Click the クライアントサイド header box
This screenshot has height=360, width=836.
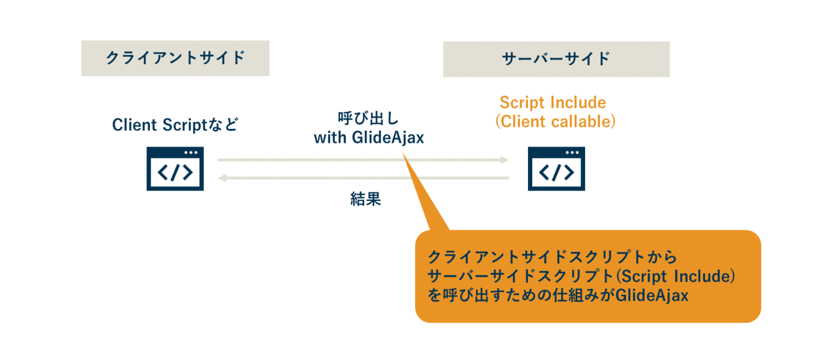(175, 58)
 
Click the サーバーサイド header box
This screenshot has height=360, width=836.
(556, 58)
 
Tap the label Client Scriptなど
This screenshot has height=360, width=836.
(175, 125)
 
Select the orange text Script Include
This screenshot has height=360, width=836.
(552, 102)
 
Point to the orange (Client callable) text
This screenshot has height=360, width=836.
(555, 121)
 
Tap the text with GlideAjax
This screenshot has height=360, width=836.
(368, 138)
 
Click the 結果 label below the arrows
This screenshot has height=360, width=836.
(365, 199)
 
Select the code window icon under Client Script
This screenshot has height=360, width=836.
(175, 168)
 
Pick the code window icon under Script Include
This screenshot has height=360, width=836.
(556, 168)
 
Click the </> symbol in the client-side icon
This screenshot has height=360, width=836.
(175, 172)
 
